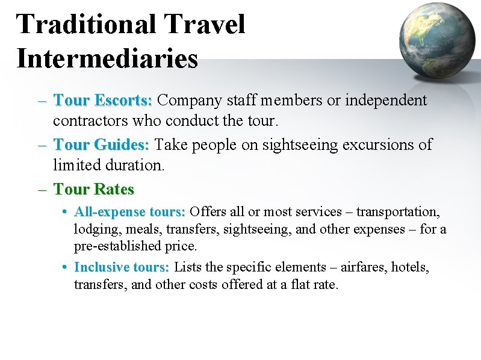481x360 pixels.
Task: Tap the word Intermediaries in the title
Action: pyautogui.click(x=107, y=58)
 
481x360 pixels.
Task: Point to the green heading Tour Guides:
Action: pyautogui.click(x=101, y=145)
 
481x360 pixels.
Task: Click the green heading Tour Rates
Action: pyautogui.click(x=93, y=189)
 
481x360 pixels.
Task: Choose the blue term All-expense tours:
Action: pyautogui.click(x=129, y=212)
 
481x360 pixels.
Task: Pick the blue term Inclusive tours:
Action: pyautogui.click(x=122, y=267)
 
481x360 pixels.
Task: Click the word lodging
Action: pyautogui.click(x=94, y=229)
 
